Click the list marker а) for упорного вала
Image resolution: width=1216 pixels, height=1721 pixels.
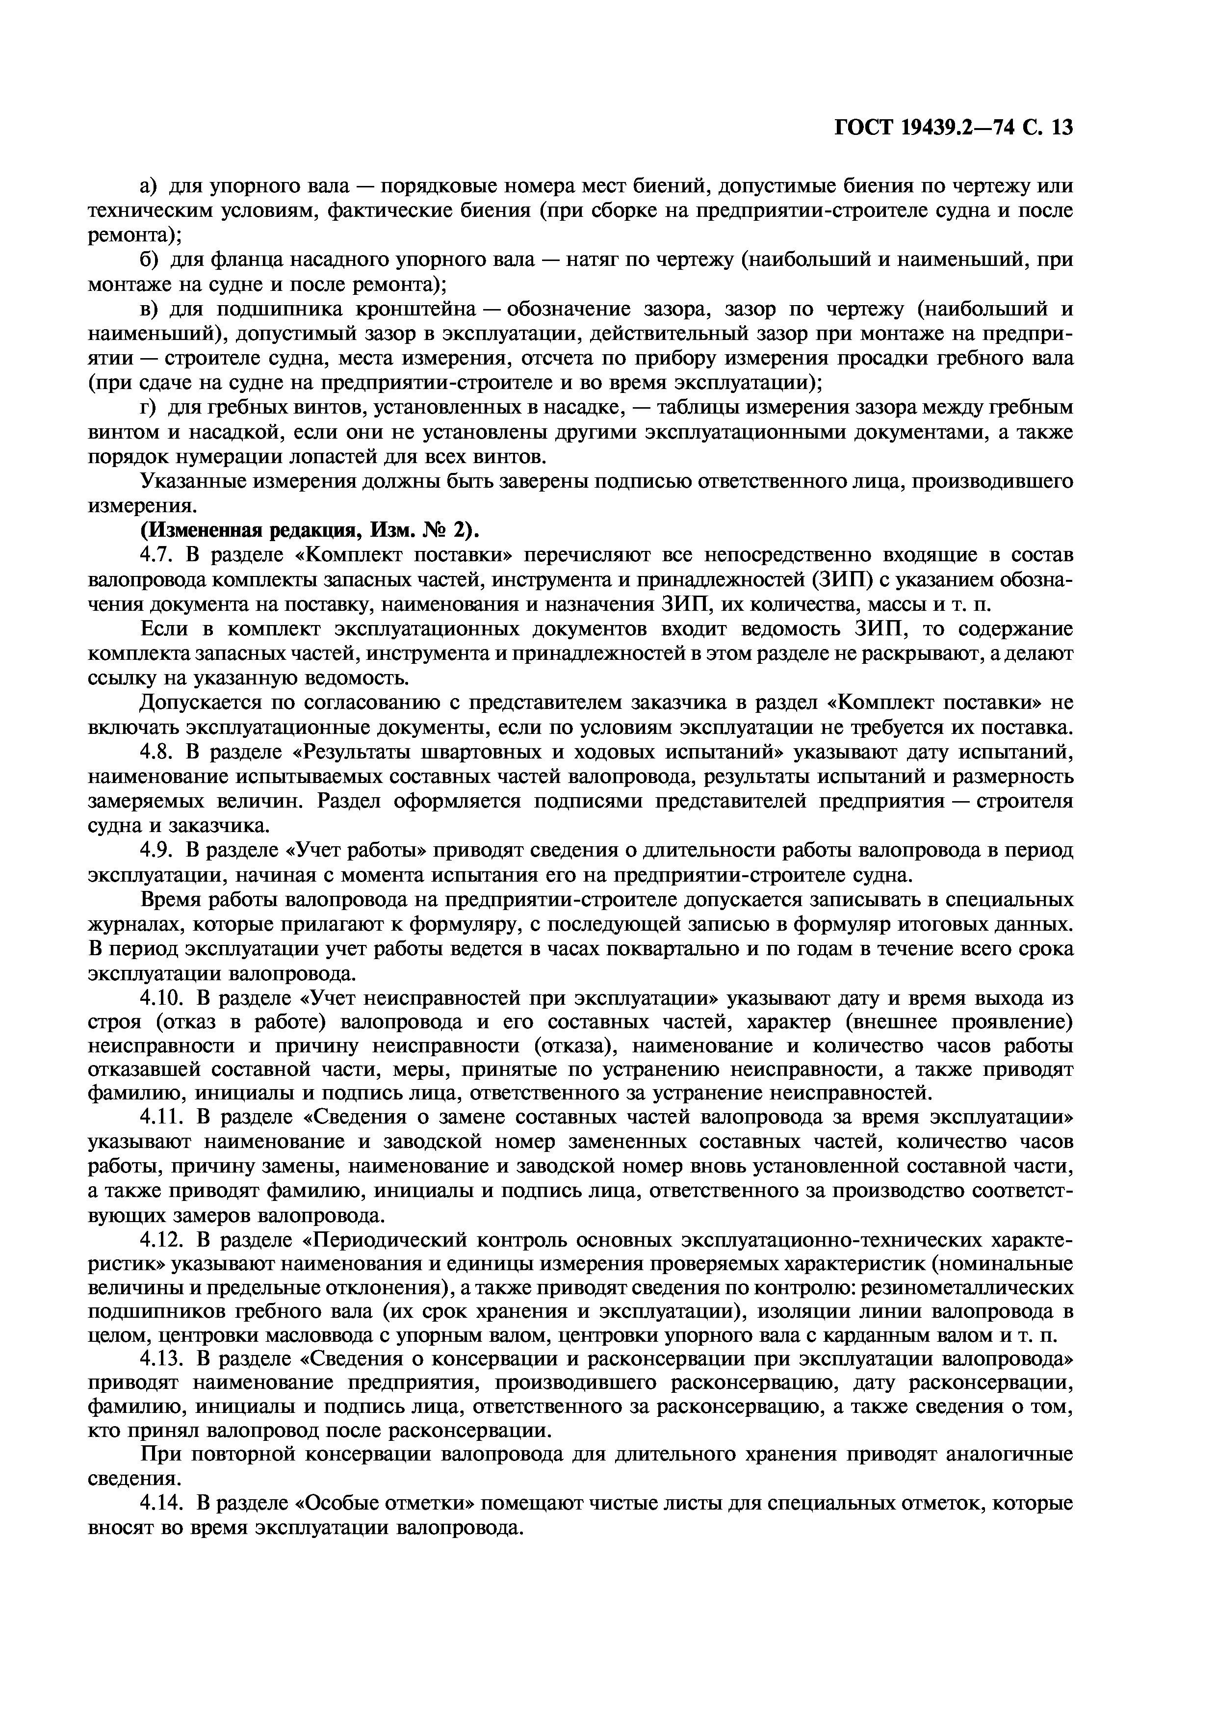tap(148, 186)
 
